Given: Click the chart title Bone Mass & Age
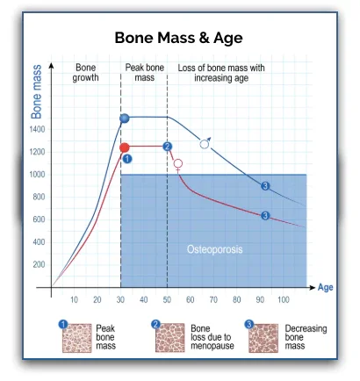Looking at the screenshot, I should tap(179, 38).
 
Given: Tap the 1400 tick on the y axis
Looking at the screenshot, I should tap(39, 129).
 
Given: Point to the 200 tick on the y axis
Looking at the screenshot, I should tap(39, 264).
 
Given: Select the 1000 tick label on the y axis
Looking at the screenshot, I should tap(39, 174).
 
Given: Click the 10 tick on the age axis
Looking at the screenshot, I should tap(74, 300).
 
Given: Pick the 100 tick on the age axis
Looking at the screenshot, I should tap(283, 300).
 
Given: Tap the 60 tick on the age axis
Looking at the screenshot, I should tap(190, 300).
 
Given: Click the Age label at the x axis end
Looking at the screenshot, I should tap(325, 287).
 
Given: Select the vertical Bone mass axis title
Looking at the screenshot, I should tap(37, 91).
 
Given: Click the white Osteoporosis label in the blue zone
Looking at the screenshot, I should tap(214, 249).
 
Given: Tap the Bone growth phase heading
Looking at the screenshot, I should tap(85, 72).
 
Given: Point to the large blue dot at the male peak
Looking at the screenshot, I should tap(125, 118).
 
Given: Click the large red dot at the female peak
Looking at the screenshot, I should tap(125, 147).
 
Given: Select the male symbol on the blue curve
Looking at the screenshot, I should tap(205, 143).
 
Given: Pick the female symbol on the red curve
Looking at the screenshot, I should tap(178, 165).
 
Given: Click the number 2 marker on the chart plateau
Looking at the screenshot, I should tap(167, 147).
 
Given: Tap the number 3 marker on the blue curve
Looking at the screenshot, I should tap(264, 185).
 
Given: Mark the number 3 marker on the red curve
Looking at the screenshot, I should tap(264, 215).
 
